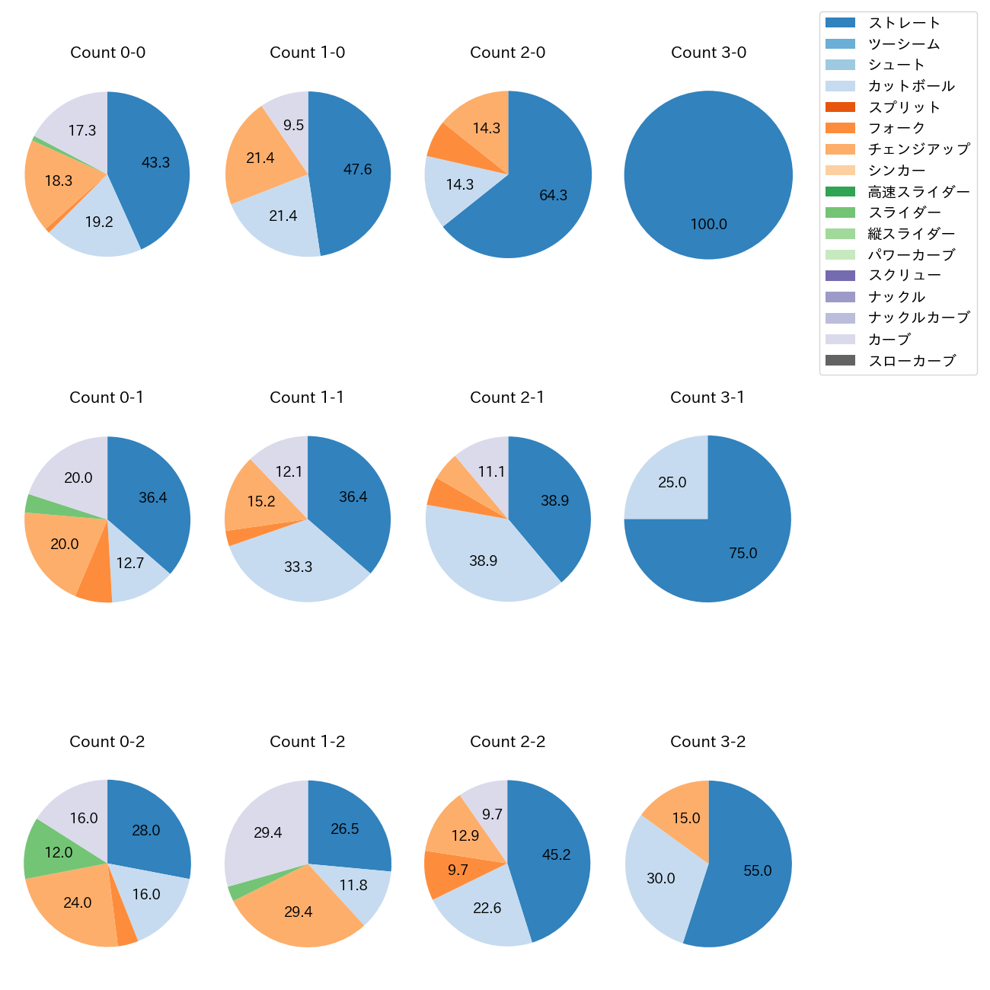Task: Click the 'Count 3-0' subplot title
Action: click(708, 53)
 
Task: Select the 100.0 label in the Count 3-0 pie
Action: click(708, 224)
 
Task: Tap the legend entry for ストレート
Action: click(904, 23)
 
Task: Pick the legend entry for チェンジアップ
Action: click(918, 149)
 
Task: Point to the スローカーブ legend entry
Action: click(912, 361)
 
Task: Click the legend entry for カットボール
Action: click(911, 86)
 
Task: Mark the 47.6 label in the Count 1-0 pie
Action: click(357, 169)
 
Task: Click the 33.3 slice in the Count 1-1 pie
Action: click(299, 564)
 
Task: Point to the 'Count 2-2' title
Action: click(507, 742)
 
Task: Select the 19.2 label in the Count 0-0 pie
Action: click(99, 222)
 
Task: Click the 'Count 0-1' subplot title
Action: click(107, 398)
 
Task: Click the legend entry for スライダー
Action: click(904, 212)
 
